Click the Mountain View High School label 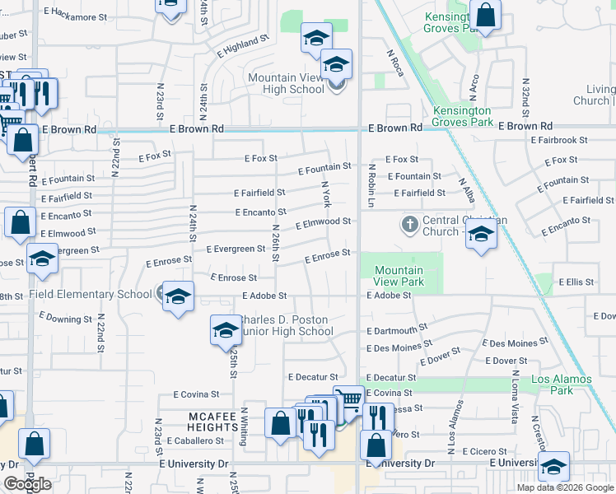coord(286,83)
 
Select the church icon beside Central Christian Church coord(409,224)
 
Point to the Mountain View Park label coord(399,276)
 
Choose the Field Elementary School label coord(91,294)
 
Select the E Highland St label coord(244,45)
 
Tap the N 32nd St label coord(525,95)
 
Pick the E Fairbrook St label coord(559,141)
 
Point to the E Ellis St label coord(576,282)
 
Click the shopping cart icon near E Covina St coord(349,401)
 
